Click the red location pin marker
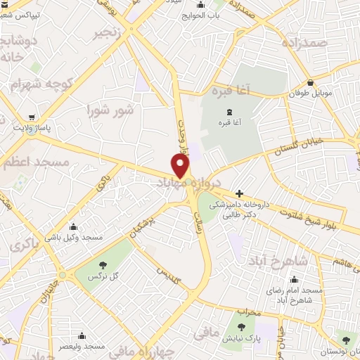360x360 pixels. click(x=181, y=165)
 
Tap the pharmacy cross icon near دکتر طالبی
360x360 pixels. click(x=239, y=193)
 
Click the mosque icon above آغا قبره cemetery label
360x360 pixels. click(x=237, y=110)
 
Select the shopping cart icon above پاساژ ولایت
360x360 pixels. click(x=32, y=117)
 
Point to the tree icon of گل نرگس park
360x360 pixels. click(x=103, y=265)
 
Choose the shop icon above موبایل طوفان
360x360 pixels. click(x=310, y=82)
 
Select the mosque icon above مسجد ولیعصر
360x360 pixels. click(x=82, y=335)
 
